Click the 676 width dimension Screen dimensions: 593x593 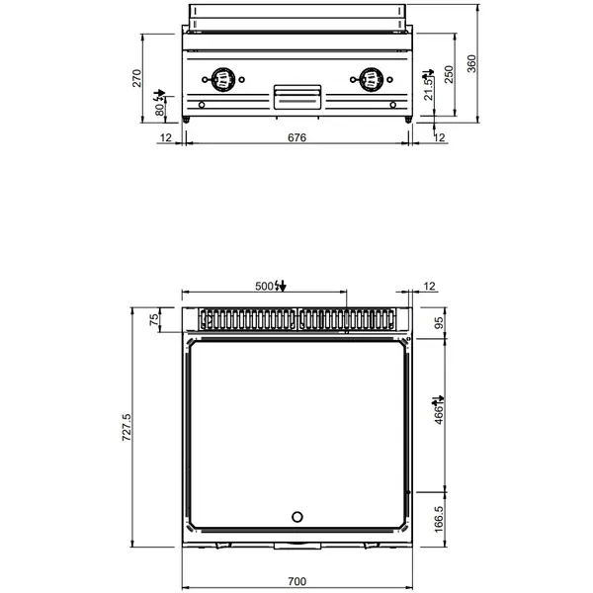[x=296, y=138]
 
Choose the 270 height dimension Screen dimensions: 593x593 [x=137, y=77]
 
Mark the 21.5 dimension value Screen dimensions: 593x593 [x=428, y=88]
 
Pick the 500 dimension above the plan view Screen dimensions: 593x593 [x=264, y=286]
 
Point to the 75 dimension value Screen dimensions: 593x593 [x=153, y=319]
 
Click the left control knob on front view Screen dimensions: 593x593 [x=223, y=76]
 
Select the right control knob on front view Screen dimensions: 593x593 [x=371, y=76]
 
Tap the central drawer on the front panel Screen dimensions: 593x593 [x=296, y=95]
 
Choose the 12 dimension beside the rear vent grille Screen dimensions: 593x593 [x=427, y=286]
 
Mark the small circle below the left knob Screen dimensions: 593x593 [x=202, y=106]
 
